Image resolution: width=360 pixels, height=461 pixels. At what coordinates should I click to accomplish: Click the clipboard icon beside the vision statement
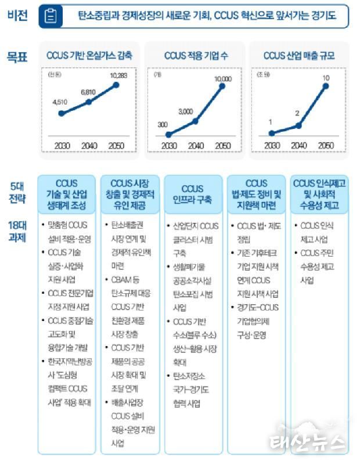(51, 17)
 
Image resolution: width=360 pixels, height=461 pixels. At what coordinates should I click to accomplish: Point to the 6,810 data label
(88, 92)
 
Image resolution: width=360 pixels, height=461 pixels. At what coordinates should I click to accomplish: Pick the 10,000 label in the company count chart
(223, 78)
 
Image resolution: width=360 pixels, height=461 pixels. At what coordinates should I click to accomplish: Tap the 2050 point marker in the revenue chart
(326, 87)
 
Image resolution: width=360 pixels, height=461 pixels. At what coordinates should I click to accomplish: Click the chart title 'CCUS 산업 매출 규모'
(298, 56)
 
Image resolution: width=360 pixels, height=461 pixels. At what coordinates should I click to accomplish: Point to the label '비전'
(17, 16)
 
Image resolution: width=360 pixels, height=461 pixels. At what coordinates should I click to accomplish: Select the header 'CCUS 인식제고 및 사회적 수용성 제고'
(319, 195)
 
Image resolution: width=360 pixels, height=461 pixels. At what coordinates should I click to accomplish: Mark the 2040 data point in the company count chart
(195, 121)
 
